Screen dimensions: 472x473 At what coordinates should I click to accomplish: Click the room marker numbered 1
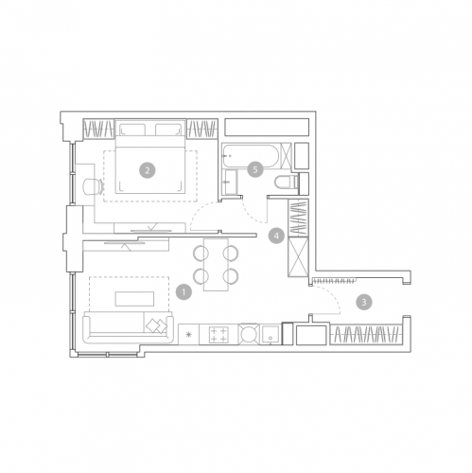[184, 291]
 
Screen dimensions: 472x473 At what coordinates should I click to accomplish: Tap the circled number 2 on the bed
[148, 170]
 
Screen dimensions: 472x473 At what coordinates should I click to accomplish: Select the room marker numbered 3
[364, 302]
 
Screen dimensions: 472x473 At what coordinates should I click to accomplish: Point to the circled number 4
[276, 236]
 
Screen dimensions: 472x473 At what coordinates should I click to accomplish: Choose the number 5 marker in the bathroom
[255, 169]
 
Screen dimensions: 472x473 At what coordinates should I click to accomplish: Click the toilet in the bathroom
[286, 183]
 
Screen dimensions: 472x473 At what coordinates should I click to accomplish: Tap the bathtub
[251, 156]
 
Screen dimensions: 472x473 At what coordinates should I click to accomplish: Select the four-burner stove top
[219, 335]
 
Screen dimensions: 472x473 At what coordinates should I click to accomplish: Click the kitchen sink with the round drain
[270, 334]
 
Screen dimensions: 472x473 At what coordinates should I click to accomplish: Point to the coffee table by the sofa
[134, 299]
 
